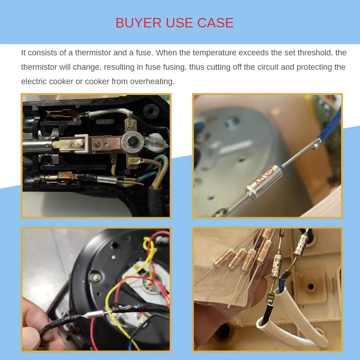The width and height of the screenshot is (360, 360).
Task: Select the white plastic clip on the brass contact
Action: [81, 144]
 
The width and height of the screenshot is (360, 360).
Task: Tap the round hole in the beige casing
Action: [311, 286]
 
